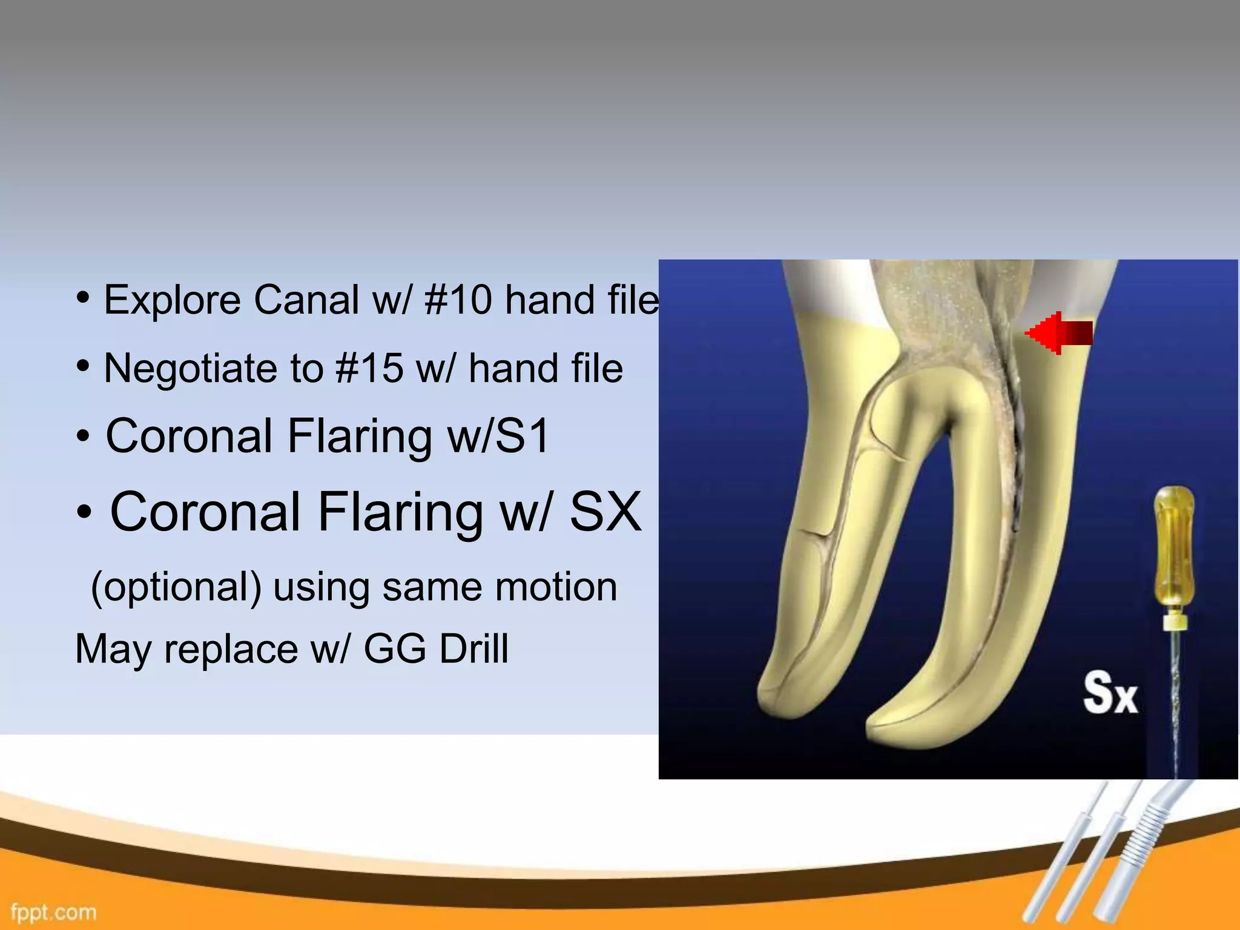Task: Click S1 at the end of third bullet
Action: [x=522, y=436]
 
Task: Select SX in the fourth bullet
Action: [x=605, y=512]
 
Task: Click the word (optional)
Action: [x=176, y=587]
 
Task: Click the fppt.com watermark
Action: [x=53, y=912]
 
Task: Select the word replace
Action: [x=231, y=649]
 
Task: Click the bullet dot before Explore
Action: [x=84, y=298]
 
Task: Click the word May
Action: [x=113, y=649]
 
